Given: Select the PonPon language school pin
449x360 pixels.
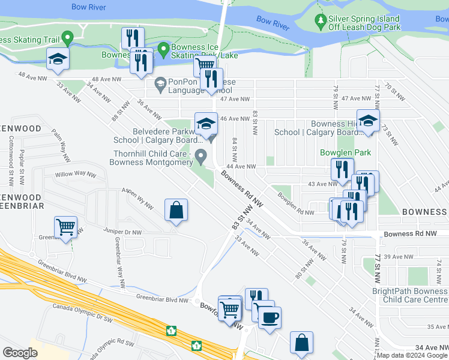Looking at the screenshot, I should (160, 83).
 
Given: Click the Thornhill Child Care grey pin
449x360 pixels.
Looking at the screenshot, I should (201, 157).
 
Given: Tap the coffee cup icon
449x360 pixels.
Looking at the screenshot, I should (270, 317).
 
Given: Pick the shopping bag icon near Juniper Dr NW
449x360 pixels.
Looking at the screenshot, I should (176, 211).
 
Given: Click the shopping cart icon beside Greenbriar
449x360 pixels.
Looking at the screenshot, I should (65, 227).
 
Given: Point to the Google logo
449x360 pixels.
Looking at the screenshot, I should (20, 352).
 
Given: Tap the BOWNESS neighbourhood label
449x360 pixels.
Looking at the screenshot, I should (424, 212).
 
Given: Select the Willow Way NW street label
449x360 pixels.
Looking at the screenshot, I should (76, 175).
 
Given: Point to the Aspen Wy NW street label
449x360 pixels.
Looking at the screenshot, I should (138, 197).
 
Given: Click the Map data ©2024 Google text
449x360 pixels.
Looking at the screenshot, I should (412, 355).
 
